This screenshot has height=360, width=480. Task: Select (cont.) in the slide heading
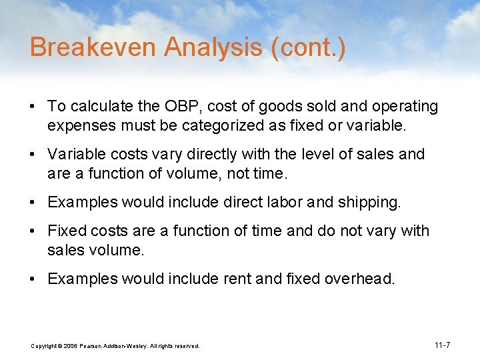(311, 48)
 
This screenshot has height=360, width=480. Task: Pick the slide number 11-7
(442, 345)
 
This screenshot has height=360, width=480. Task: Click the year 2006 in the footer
(70, 346)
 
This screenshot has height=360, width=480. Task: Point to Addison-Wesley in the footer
(126, 346)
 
